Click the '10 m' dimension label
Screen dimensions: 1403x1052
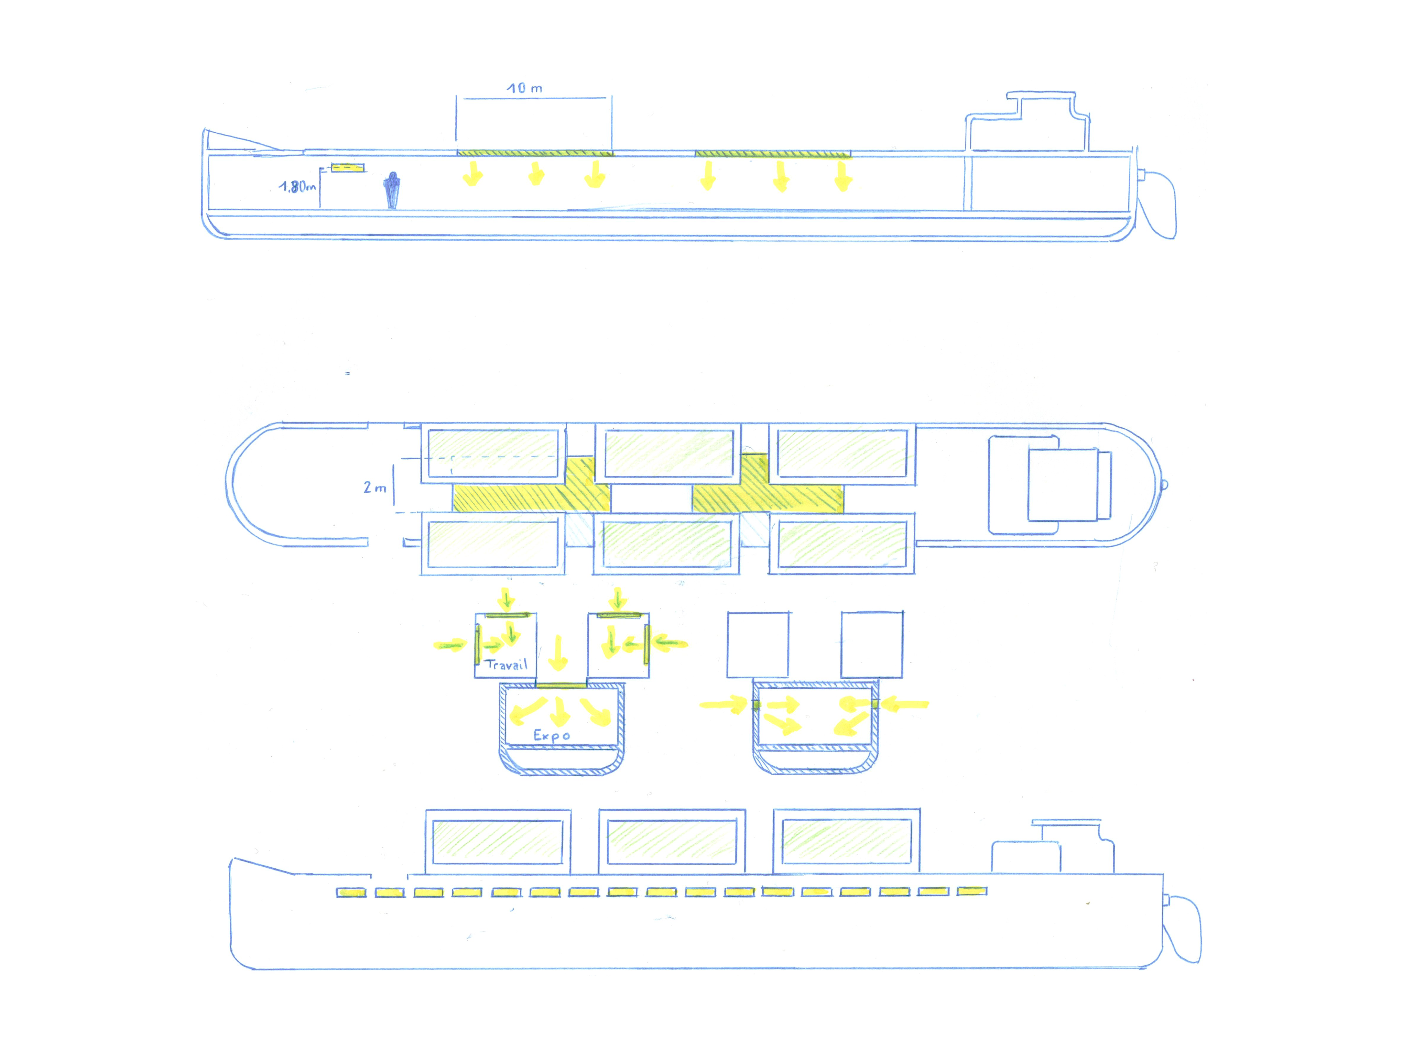524,88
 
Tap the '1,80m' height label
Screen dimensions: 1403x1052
297,186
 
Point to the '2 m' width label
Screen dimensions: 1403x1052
374,487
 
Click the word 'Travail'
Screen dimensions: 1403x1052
506,665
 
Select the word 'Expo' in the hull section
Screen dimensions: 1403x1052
551,736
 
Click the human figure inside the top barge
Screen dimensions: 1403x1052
393,190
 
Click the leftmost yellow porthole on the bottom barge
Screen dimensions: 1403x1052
351,893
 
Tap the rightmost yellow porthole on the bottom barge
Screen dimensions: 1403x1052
972,891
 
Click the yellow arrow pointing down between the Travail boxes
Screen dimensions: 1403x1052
558,653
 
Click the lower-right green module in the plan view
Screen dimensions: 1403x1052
842,544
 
